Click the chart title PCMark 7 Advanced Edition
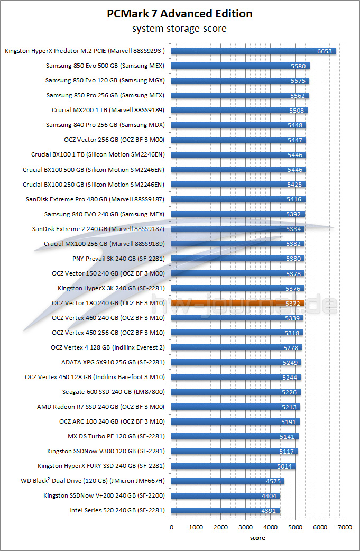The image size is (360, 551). [x=180, y=14]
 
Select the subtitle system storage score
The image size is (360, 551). [x=180, y=28]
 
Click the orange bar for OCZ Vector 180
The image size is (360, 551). [x=238, y=303]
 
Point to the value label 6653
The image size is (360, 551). [x=325, y=51]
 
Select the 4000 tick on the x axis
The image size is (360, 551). [x=270, y=527]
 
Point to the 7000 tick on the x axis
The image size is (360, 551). [x=345, y=527]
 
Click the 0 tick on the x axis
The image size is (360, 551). [x=171, y=527]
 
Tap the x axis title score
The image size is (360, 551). [x=258, y=538]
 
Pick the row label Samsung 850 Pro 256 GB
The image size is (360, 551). [x=105, y=96]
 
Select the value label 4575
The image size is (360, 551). [x=273, y=481]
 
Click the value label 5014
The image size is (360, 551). [x=284, y=466]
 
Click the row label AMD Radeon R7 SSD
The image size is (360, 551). [x=101, y=407]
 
